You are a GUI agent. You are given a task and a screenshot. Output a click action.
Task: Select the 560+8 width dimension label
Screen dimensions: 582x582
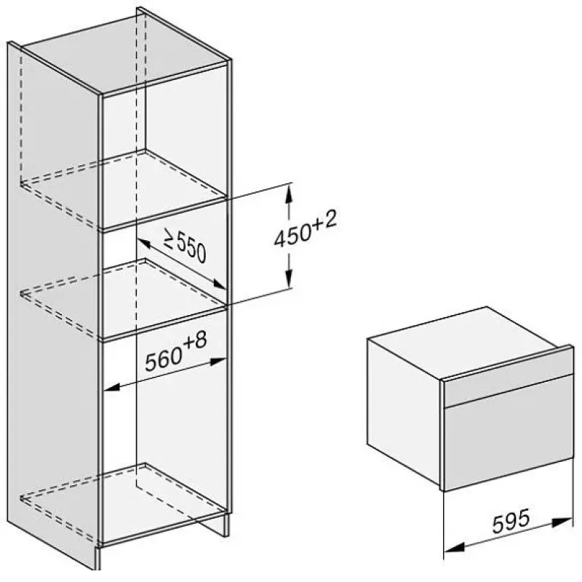pos(175,351)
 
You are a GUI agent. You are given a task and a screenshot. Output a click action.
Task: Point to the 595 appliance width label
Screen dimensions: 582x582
pos(511,520)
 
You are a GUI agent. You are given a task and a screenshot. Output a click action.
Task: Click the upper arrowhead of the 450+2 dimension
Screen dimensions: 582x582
pos(288,193)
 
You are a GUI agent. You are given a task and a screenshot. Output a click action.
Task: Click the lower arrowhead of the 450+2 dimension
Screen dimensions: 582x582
pos(289,279)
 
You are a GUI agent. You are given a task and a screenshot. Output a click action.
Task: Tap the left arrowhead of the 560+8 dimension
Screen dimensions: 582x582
pos(111,388)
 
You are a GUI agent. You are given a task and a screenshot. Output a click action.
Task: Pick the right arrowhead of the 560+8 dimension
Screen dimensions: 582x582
pos(218,361)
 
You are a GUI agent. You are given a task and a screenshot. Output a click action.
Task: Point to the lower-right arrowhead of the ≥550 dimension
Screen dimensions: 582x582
pos(219,284)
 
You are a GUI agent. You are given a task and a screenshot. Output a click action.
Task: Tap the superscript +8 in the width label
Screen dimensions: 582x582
pos(195,340)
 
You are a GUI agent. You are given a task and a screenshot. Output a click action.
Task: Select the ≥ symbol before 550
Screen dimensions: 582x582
pos(169,239)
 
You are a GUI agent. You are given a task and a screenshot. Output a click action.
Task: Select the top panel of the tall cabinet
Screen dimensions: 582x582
pos(126,52)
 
